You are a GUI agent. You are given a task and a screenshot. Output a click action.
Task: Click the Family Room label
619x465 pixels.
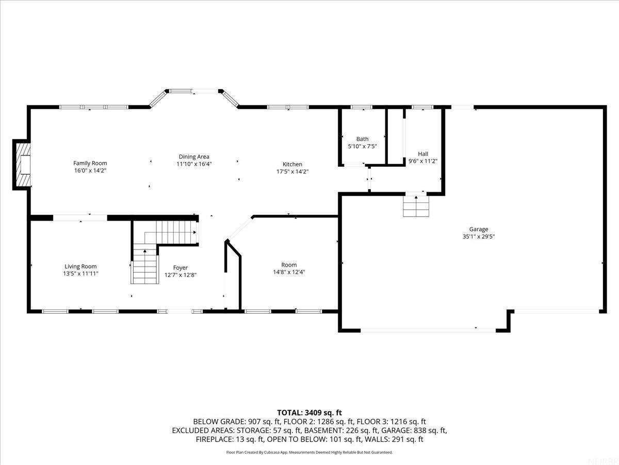(x=90, y=163)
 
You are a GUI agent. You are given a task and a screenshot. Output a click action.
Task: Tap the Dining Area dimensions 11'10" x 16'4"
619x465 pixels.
(x=194, y=164)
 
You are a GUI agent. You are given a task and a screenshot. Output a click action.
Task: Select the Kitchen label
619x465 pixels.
(x=292, y=164)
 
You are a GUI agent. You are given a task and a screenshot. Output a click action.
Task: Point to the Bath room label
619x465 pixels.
(x=362, y=139)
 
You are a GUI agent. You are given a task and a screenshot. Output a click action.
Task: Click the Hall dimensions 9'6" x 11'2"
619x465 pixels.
(x=423, y=161)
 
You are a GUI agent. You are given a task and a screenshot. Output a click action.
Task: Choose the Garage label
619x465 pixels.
(x=478, y=229)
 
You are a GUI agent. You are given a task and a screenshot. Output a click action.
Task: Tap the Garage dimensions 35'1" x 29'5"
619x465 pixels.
(x=478, y=236)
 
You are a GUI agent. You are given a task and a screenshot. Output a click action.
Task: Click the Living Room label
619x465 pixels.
(x=80, y=267)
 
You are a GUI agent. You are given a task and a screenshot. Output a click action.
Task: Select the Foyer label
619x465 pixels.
(x=180, y=268)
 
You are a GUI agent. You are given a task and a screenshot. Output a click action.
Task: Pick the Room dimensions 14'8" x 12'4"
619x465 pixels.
(x=289, y=272)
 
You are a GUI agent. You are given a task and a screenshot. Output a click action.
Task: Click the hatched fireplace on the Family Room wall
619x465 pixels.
(x=23, y=164)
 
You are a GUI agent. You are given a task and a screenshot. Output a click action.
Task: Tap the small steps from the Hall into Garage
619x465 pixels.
(x=416, y=207)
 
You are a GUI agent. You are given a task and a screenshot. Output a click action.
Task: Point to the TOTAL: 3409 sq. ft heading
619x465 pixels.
(x=309, y=412)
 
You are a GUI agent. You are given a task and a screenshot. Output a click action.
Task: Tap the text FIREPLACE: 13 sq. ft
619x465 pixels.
(x=230, y=439)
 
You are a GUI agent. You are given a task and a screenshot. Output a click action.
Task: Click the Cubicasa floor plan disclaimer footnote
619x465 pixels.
(x=309, y=452)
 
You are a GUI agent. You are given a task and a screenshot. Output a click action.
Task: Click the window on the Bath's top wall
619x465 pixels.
(x=361, y=107)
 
